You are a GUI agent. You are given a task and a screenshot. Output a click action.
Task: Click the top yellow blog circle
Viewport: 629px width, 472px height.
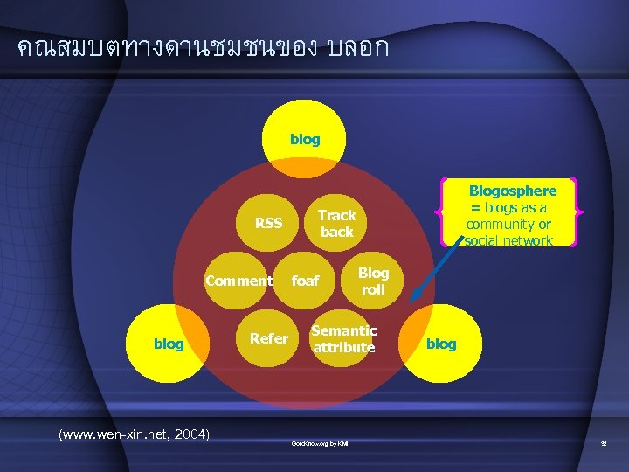coord(305,140)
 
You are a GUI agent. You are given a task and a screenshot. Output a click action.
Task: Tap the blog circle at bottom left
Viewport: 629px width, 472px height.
coord(169,344)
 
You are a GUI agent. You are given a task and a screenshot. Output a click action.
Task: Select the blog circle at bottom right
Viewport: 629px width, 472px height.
coord(440,344)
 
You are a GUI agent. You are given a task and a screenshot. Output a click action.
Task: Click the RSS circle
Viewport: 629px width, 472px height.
coord(268,224)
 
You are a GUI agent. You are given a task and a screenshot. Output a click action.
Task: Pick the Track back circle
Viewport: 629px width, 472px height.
coord(336,224)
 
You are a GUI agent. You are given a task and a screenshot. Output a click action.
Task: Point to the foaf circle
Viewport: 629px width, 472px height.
coord(305,281)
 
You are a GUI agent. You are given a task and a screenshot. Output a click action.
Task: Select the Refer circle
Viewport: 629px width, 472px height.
coord(268,338)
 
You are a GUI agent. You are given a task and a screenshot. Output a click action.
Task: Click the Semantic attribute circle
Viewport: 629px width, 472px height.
coord(343,339)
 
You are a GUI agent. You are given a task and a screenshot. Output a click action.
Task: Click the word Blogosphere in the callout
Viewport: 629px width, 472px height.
coord(513,191)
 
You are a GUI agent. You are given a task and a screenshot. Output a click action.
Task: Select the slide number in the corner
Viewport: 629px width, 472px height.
coord(603,445)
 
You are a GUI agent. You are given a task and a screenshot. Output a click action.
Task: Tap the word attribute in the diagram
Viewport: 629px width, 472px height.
coord(343,348)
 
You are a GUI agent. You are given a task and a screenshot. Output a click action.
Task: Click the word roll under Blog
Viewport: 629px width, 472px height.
coord(373,290)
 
